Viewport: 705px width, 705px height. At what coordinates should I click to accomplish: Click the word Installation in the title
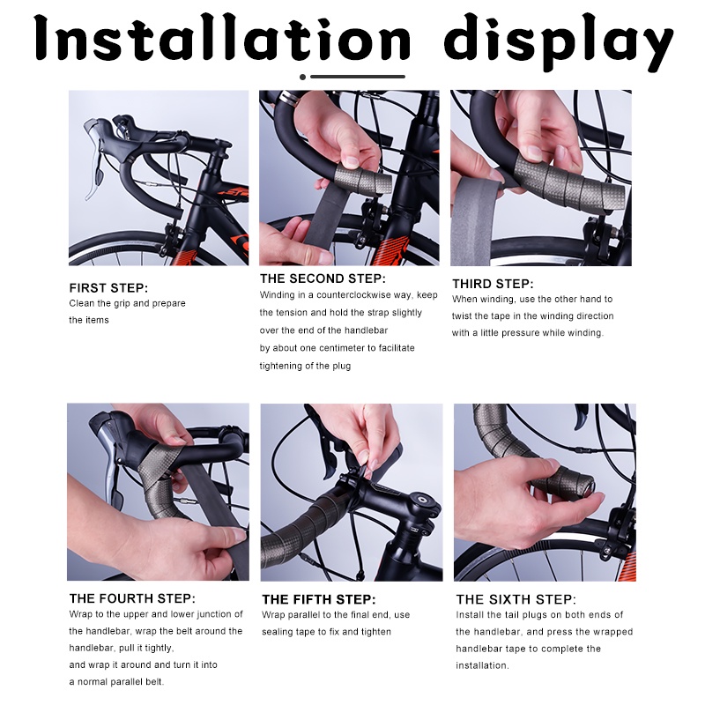click(222, 38)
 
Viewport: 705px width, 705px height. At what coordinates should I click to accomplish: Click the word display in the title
click(558, 41)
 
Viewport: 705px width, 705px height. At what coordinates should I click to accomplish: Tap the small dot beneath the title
click(302, 77)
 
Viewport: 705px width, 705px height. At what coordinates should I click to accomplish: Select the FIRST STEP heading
click(108, 288)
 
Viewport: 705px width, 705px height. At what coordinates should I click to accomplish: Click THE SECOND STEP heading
click(323, 278)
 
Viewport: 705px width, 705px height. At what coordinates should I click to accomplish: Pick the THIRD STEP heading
click(493, 284)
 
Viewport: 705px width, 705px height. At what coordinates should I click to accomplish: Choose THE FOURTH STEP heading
click(132, 598)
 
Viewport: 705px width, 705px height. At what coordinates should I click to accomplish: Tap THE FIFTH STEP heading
click(318, 599)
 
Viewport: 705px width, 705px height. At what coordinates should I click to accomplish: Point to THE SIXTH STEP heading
click(516, 599)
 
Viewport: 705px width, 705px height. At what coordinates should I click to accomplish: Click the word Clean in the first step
click(80, 303)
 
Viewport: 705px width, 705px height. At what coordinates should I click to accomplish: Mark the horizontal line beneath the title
click(358, 77)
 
